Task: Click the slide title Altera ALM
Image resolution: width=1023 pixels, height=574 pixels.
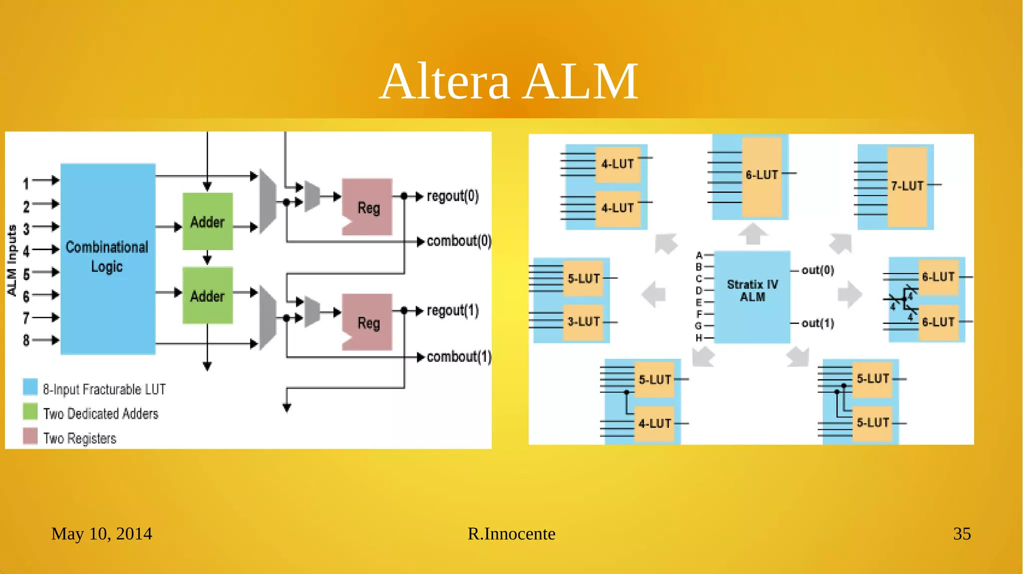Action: [509, 81]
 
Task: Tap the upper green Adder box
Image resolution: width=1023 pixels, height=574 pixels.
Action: [207, 221]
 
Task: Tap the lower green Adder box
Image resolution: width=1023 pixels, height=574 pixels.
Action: [207, 295]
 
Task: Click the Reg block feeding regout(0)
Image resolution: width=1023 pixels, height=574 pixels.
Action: [368, 207]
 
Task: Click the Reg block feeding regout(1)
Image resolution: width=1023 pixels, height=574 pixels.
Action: [368, 322]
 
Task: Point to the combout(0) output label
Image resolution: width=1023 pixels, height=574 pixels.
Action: [459, 241]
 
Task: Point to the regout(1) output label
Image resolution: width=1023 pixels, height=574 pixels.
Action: [453, 310]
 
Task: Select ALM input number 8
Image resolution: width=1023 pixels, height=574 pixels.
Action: [26, 340]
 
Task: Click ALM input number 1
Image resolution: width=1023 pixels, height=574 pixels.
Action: [26, 183]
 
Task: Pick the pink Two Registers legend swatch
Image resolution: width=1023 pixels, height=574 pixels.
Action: [30, 436]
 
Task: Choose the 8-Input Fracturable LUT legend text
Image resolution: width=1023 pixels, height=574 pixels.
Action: [104, 389]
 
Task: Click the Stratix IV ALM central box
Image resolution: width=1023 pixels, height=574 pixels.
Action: [752, 296]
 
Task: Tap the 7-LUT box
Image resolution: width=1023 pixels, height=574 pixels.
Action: [907, 186]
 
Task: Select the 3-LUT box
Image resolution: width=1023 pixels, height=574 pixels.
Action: [583, 322]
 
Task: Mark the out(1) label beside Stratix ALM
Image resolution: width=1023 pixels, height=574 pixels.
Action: [818, 323]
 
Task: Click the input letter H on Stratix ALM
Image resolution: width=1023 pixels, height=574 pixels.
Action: [699, 338]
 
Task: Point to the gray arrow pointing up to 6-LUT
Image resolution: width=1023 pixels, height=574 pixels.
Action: [753, 234]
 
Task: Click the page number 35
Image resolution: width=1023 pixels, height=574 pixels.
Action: [962, 534]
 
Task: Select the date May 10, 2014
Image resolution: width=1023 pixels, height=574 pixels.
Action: [101, 534]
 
